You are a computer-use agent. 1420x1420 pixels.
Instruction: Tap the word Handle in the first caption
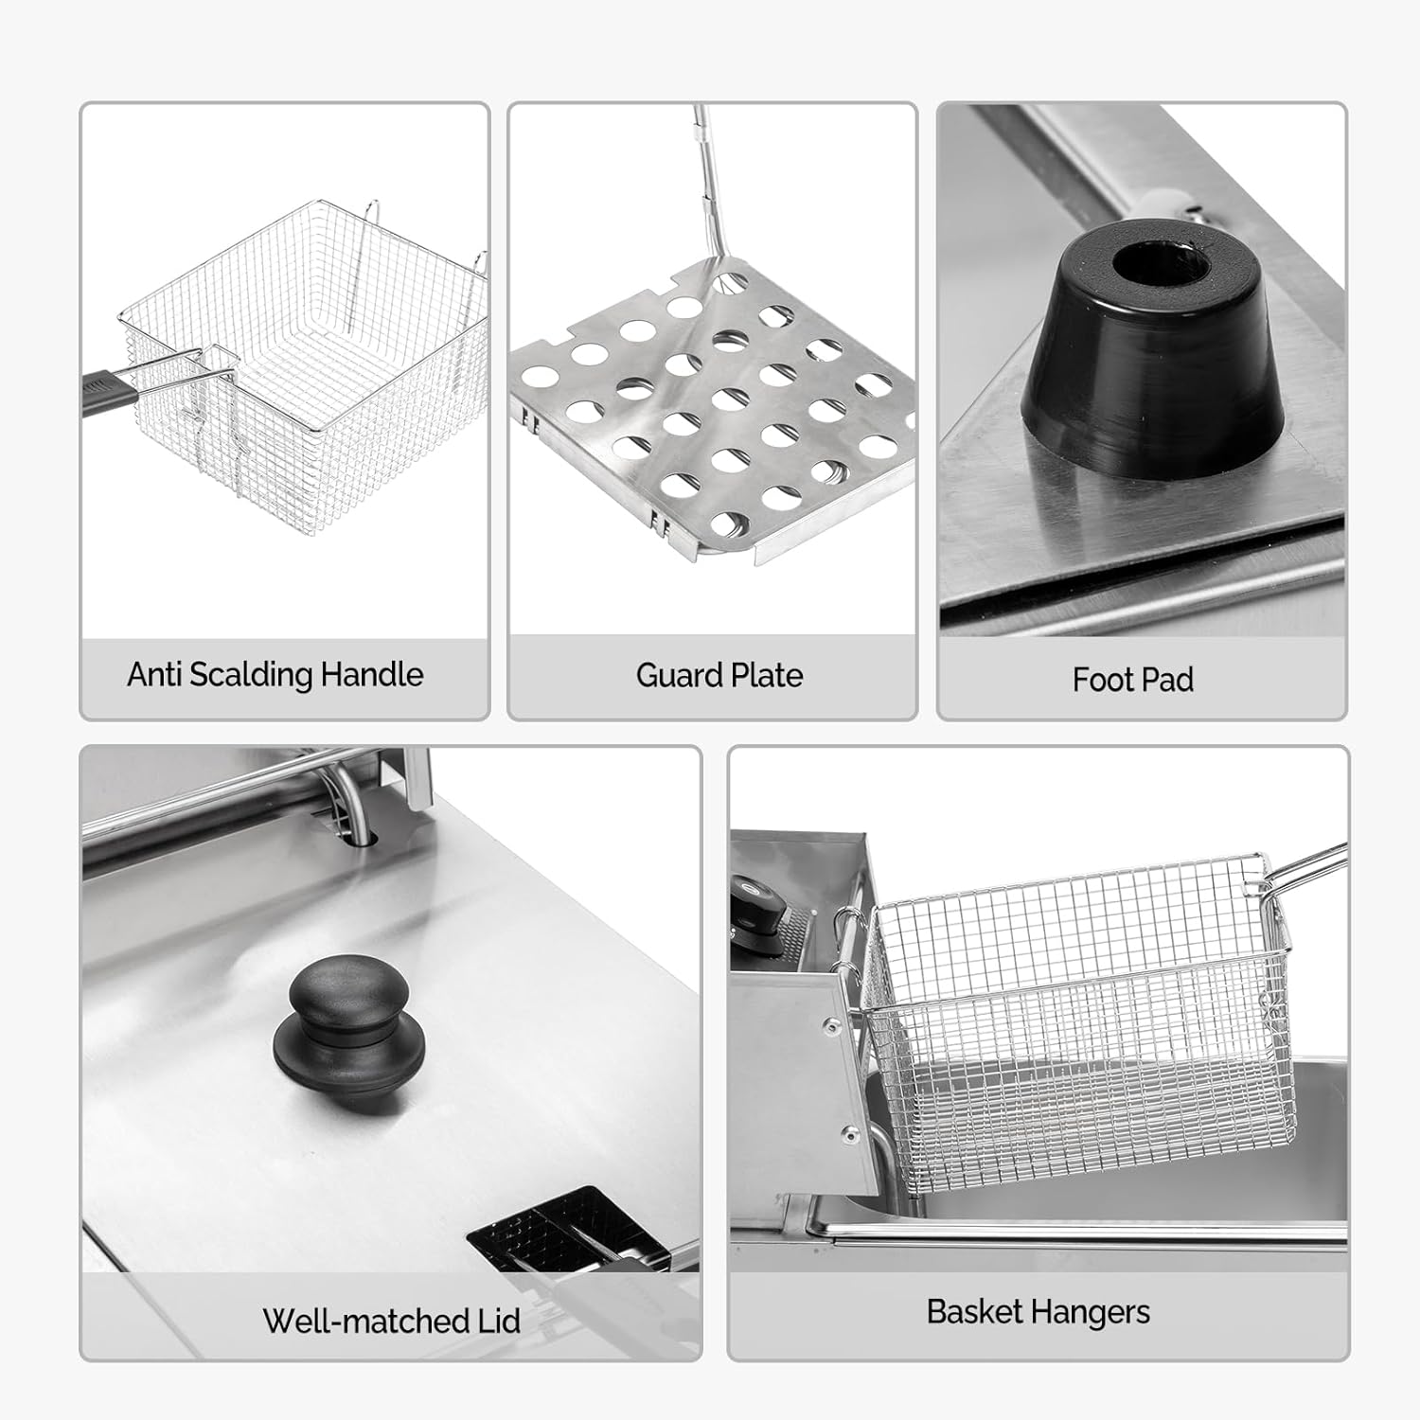372,674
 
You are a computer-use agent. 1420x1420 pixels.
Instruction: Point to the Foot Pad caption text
1132,679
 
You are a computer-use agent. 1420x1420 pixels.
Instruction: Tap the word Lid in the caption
497,1321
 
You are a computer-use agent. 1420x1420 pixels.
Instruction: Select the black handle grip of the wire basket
112,388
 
